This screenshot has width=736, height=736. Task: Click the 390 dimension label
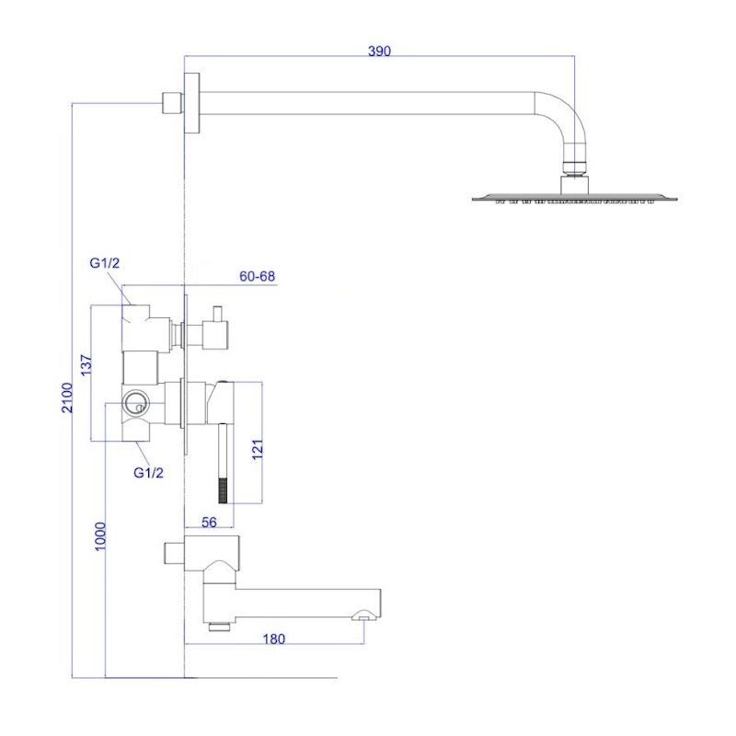click(379, 51)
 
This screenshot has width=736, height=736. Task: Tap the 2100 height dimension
click(68, 397)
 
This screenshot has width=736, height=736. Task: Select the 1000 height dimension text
click(100, 536)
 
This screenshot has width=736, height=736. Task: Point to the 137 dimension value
click(86, 364)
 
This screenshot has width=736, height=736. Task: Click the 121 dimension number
click(258, 450)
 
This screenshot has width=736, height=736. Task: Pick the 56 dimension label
click(209, 522)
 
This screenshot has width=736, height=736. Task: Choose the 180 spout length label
click(273, 638)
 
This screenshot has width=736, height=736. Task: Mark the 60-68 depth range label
click(258, 276)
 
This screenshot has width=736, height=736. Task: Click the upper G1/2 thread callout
click(105, 263)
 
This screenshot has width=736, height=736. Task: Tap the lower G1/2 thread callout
click(148, 473)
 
